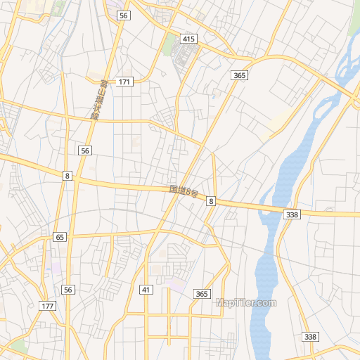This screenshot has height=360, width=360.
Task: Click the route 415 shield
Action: tap(188, 39)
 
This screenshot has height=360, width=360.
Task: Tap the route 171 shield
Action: tap(124, 82)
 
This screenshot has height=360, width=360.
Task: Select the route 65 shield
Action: tap(60, 238)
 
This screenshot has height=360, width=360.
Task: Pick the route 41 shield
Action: tap(146, 290)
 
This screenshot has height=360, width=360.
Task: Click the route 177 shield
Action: tap(47, 306)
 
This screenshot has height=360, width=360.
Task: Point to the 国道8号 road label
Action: tap(184, 191)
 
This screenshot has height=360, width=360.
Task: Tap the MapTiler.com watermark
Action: tap(246, 303)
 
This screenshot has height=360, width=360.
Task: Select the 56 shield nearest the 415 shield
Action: tap(124, 15)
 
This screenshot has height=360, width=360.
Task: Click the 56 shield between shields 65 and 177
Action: tap(67, 290)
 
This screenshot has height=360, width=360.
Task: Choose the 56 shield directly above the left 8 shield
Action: tap(84, 150)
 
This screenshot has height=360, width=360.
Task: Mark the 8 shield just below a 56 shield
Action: tap(67, 175)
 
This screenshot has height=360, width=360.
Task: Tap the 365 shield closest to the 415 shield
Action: tap(239, 75)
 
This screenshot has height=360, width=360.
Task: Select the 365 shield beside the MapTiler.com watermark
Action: tap(202, 294)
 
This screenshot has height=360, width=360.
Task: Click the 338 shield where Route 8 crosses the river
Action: tap(292, 214)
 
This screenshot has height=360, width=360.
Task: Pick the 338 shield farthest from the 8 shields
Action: tap(310, 337)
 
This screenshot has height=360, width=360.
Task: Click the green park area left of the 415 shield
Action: tap(169, 45)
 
